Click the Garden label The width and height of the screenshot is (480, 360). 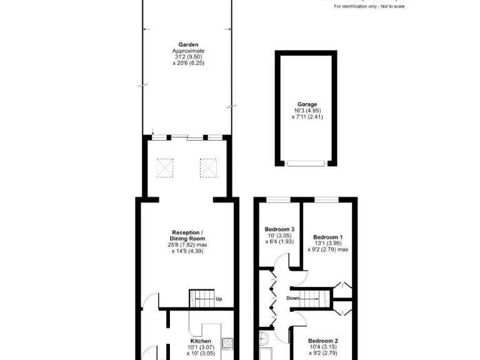pyautogui.click(x=188, y=44)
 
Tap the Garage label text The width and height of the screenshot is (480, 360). pyautogui.click(x=306, y=104)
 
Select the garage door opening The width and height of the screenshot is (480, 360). pyautogui.click(x=306, y=163)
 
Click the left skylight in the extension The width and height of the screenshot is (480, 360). pyautogui.click(x=166, y=167)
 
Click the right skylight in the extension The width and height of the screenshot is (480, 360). pyautogui.click(x=207, y=167)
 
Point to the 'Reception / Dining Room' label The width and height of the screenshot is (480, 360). pyautogui.click(x=187, y=236)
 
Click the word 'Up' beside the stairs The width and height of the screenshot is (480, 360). pyautogui.click(x=219, y=299)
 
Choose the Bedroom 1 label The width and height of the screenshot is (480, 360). pyautogui.click(x=327, y=237)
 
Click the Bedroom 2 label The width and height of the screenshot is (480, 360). pyautogui.click(x=323, y=341)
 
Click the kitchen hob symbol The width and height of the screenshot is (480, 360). pyautogui.click(x=228, y=341)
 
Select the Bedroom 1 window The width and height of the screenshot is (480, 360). pyautogui.click(x=326, y=199)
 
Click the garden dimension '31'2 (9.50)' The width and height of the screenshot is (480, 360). pyautogui.click(x=188, y=57)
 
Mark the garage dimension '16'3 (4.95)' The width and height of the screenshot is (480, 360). pyautogui.click(x=306, y=111)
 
